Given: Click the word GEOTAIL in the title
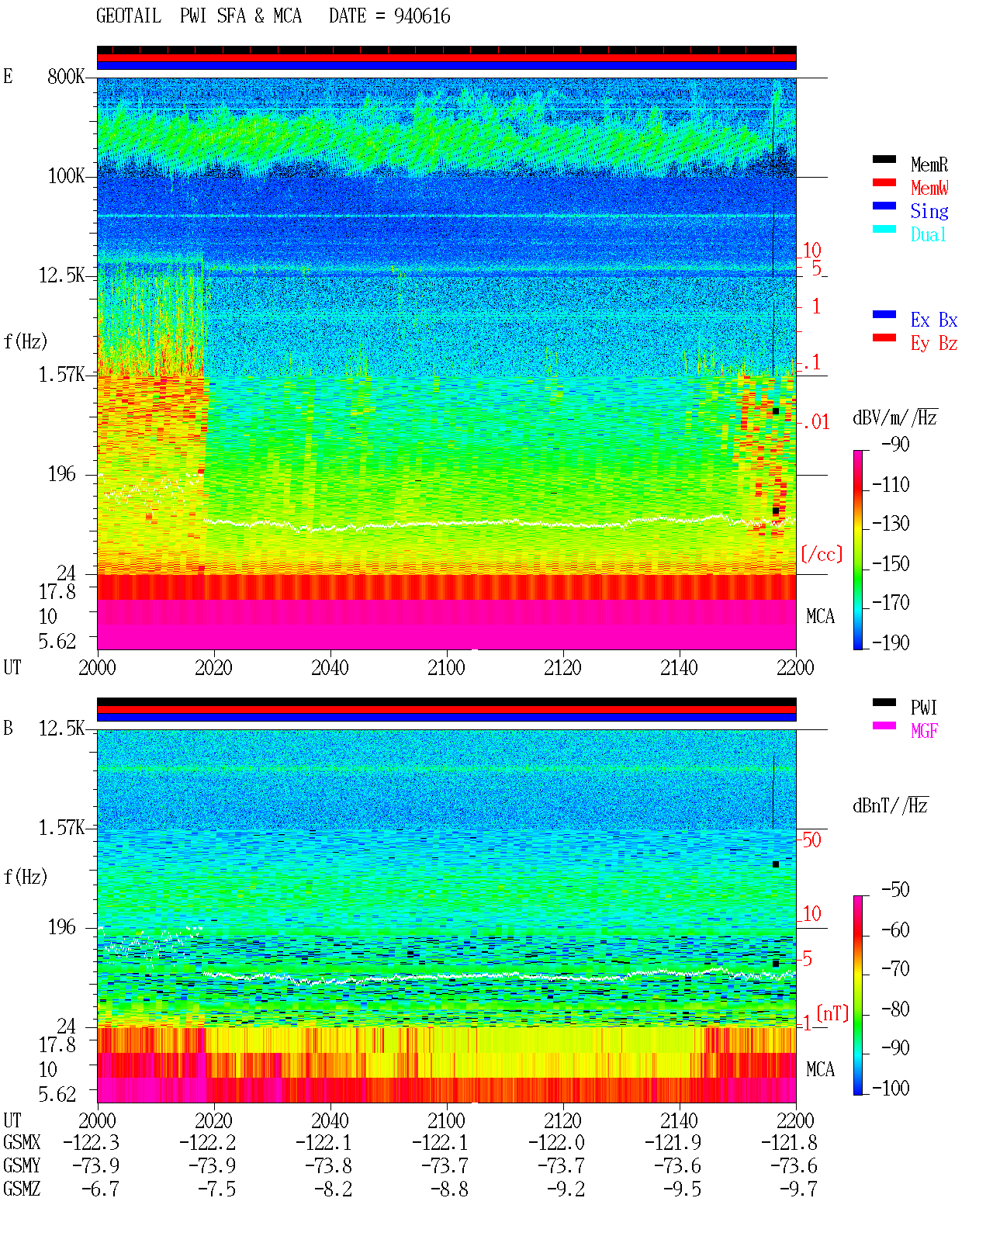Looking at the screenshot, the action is click(129, 16).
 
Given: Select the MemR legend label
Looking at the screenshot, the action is click(929, 164).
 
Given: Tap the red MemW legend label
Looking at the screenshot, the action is click(929, 188).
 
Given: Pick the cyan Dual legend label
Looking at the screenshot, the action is click(928, 234).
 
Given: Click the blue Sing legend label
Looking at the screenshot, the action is click(929, 211).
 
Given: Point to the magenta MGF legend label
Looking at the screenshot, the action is click(924, 731).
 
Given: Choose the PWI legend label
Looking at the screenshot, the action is click(923, 708).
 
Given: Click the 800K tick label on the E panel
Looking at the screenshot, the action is click(66, 76).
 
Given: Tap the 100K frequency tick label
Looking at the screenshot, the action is click(66, 176).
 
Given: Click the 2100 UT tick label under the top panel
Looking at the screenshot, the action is click(446, 668).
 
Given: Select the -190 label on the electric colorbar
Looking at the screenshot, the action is click(891, 642).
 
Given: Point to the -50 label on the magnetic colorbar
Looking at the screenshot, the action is click(895, 890).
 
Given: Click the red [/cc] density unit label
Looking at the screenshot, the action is click(822, 554).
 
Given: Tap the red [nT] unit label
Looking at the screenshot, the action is click(832, 1013).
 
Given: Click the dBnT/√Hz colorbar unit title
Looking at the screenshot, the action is click(890, 805).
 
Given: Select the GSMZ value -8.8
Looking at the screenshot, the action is click(450, 1189).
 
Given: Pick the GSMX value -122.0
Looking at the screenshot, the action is click(556, 1142).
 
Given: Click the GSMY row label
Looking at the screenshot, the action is click(22, 1165).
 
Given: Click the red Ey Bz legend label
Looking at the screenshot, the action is click(934, 344).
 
